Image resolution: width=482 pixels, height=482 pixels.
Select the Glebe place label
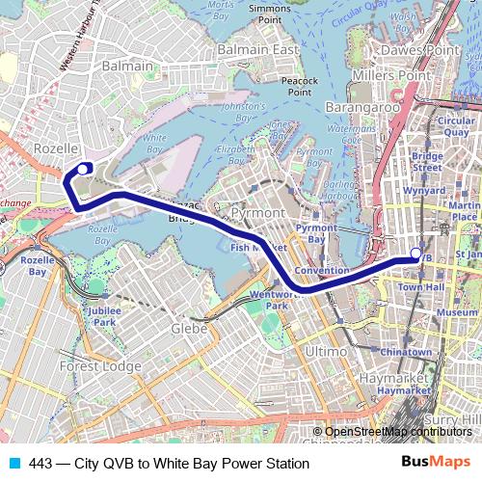coord(189,329)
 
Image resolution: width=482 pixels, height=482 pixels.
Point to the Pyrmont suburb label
coord(258,211)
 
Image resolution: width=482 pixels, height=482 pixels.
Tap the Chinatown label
coord(406,353)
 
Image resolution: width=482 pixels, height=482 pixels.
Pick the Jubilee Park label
coord(100,316)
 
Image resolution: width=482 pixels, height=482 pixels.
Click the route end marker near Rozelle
coord(83,168)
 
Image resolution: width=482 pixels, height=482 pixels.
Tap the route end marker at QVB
coord(415,254)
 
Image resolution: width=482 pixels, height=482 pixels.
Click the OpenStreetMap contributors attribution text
coord(398,432)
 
